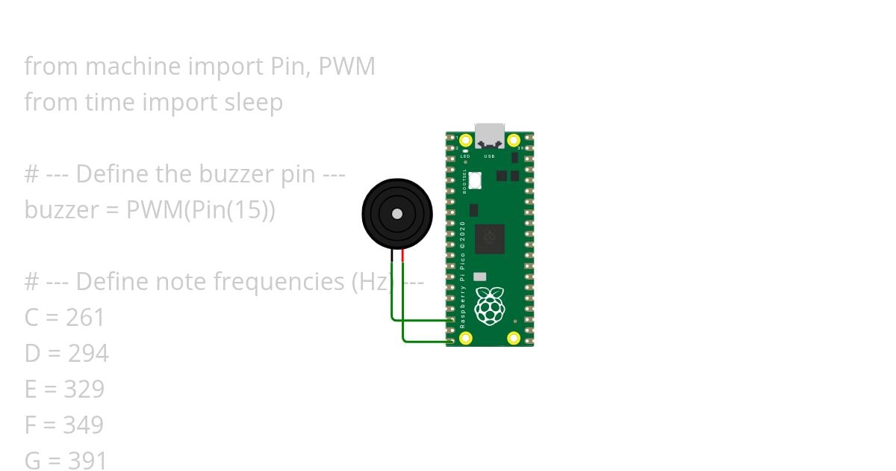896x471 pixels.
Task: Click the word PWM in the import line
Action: [346, 67]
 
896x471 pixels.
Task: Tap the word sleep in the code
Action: [253, 102]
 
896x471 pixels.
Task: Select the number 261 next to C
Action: [85, 318]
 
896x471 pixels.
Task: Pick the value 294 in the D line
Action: [88, 354]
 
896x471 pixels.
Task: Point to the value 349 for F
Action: [83, 425]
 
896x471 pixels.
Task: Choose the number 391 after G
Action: [87, 461]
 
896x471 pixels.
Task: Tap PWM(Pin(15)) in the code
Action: [201, 210]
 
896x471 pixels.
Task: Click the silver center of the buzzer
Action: [397, 214]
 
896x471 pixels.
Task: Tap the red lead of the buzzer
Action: [403, 256]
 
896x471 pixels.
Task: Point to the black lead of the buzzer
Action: [392, 256]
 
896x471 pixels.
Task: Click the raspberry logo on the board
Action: [490, 306]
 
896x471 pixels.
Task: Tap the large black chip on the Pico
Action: [490, 238]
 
